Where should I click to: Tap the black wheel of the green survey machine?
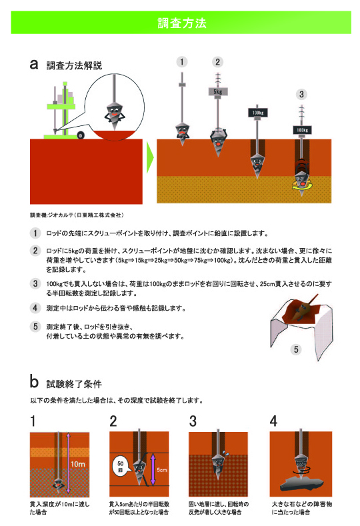point(80,136)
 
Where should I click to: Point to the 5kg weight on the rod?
point(218,91)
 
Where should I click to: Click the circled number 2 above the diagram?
point(217,62)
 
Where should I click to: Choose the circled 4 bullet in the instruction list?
point(34,308)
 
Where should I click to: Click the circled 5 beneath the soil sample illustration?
point(296,349)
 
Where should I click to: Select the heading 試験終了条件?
point(73,384)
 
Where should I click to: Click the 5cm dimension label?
point(161,469)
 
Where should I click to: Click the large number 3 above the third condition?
point(193,421)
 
